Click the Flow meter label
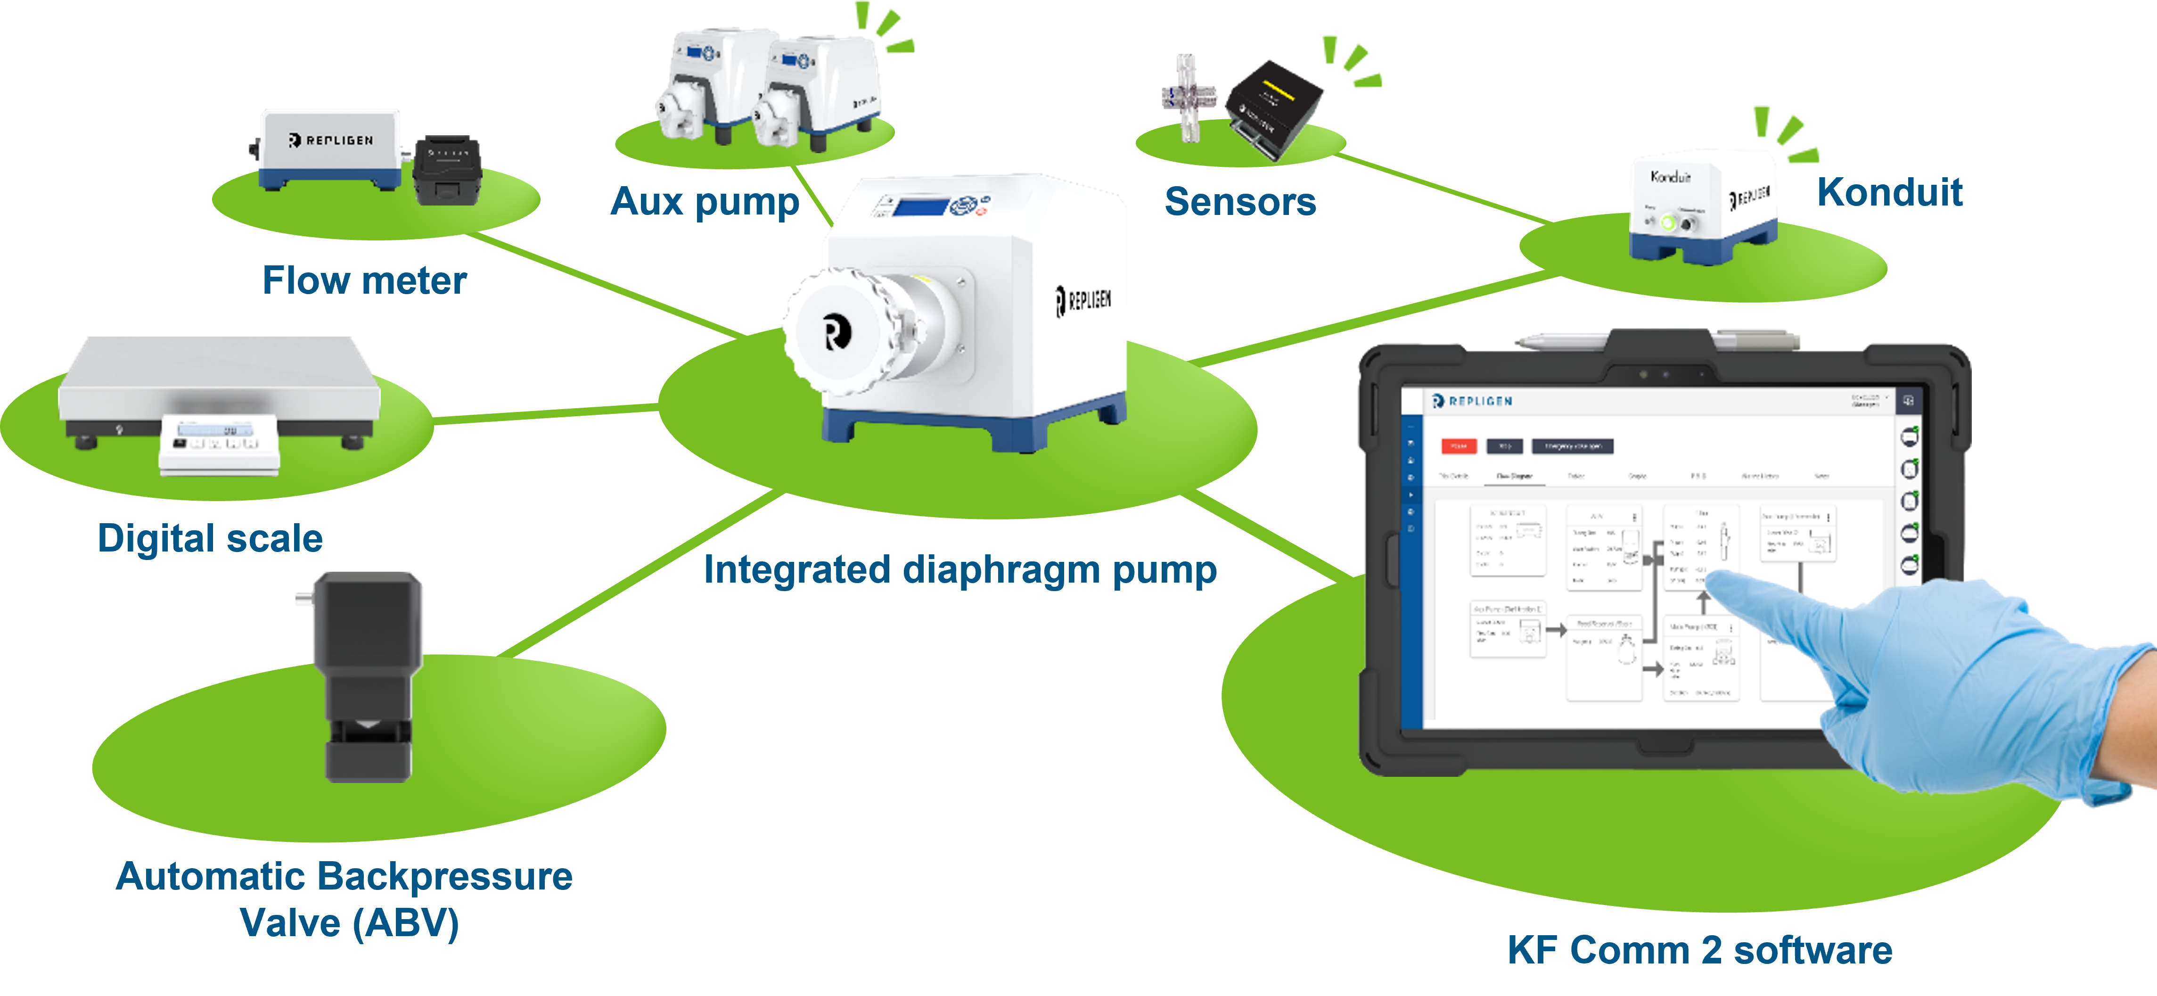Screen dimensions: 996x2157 (364, 280)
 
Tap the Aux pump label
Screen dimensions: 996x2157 (705, 202)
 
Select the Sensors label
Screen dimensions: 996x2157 (1240, 202)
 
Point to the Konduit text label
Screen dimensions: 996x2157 (1889, 193)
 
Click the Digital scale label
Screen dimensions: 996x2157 (210, 538)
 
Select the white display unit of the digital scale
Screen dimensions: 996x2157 (218, 444)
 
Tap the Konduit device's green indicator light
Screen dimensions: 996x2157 (1668, 223)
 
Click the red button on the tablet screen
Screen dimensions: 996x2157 (1458, 445)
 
